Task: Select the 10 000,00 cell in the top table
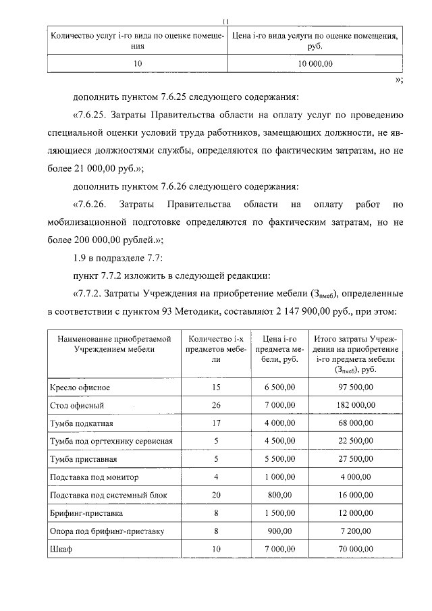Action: point(315,63)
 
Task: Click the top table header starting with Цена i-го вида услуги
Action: point(315,41)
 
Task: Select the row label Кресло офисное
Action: point(80,388)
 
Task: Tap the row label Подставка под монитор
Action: point(94,477)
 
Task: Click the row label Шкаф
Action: point(61,549)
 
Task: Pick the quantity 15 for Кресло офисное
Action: point(216,388)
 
